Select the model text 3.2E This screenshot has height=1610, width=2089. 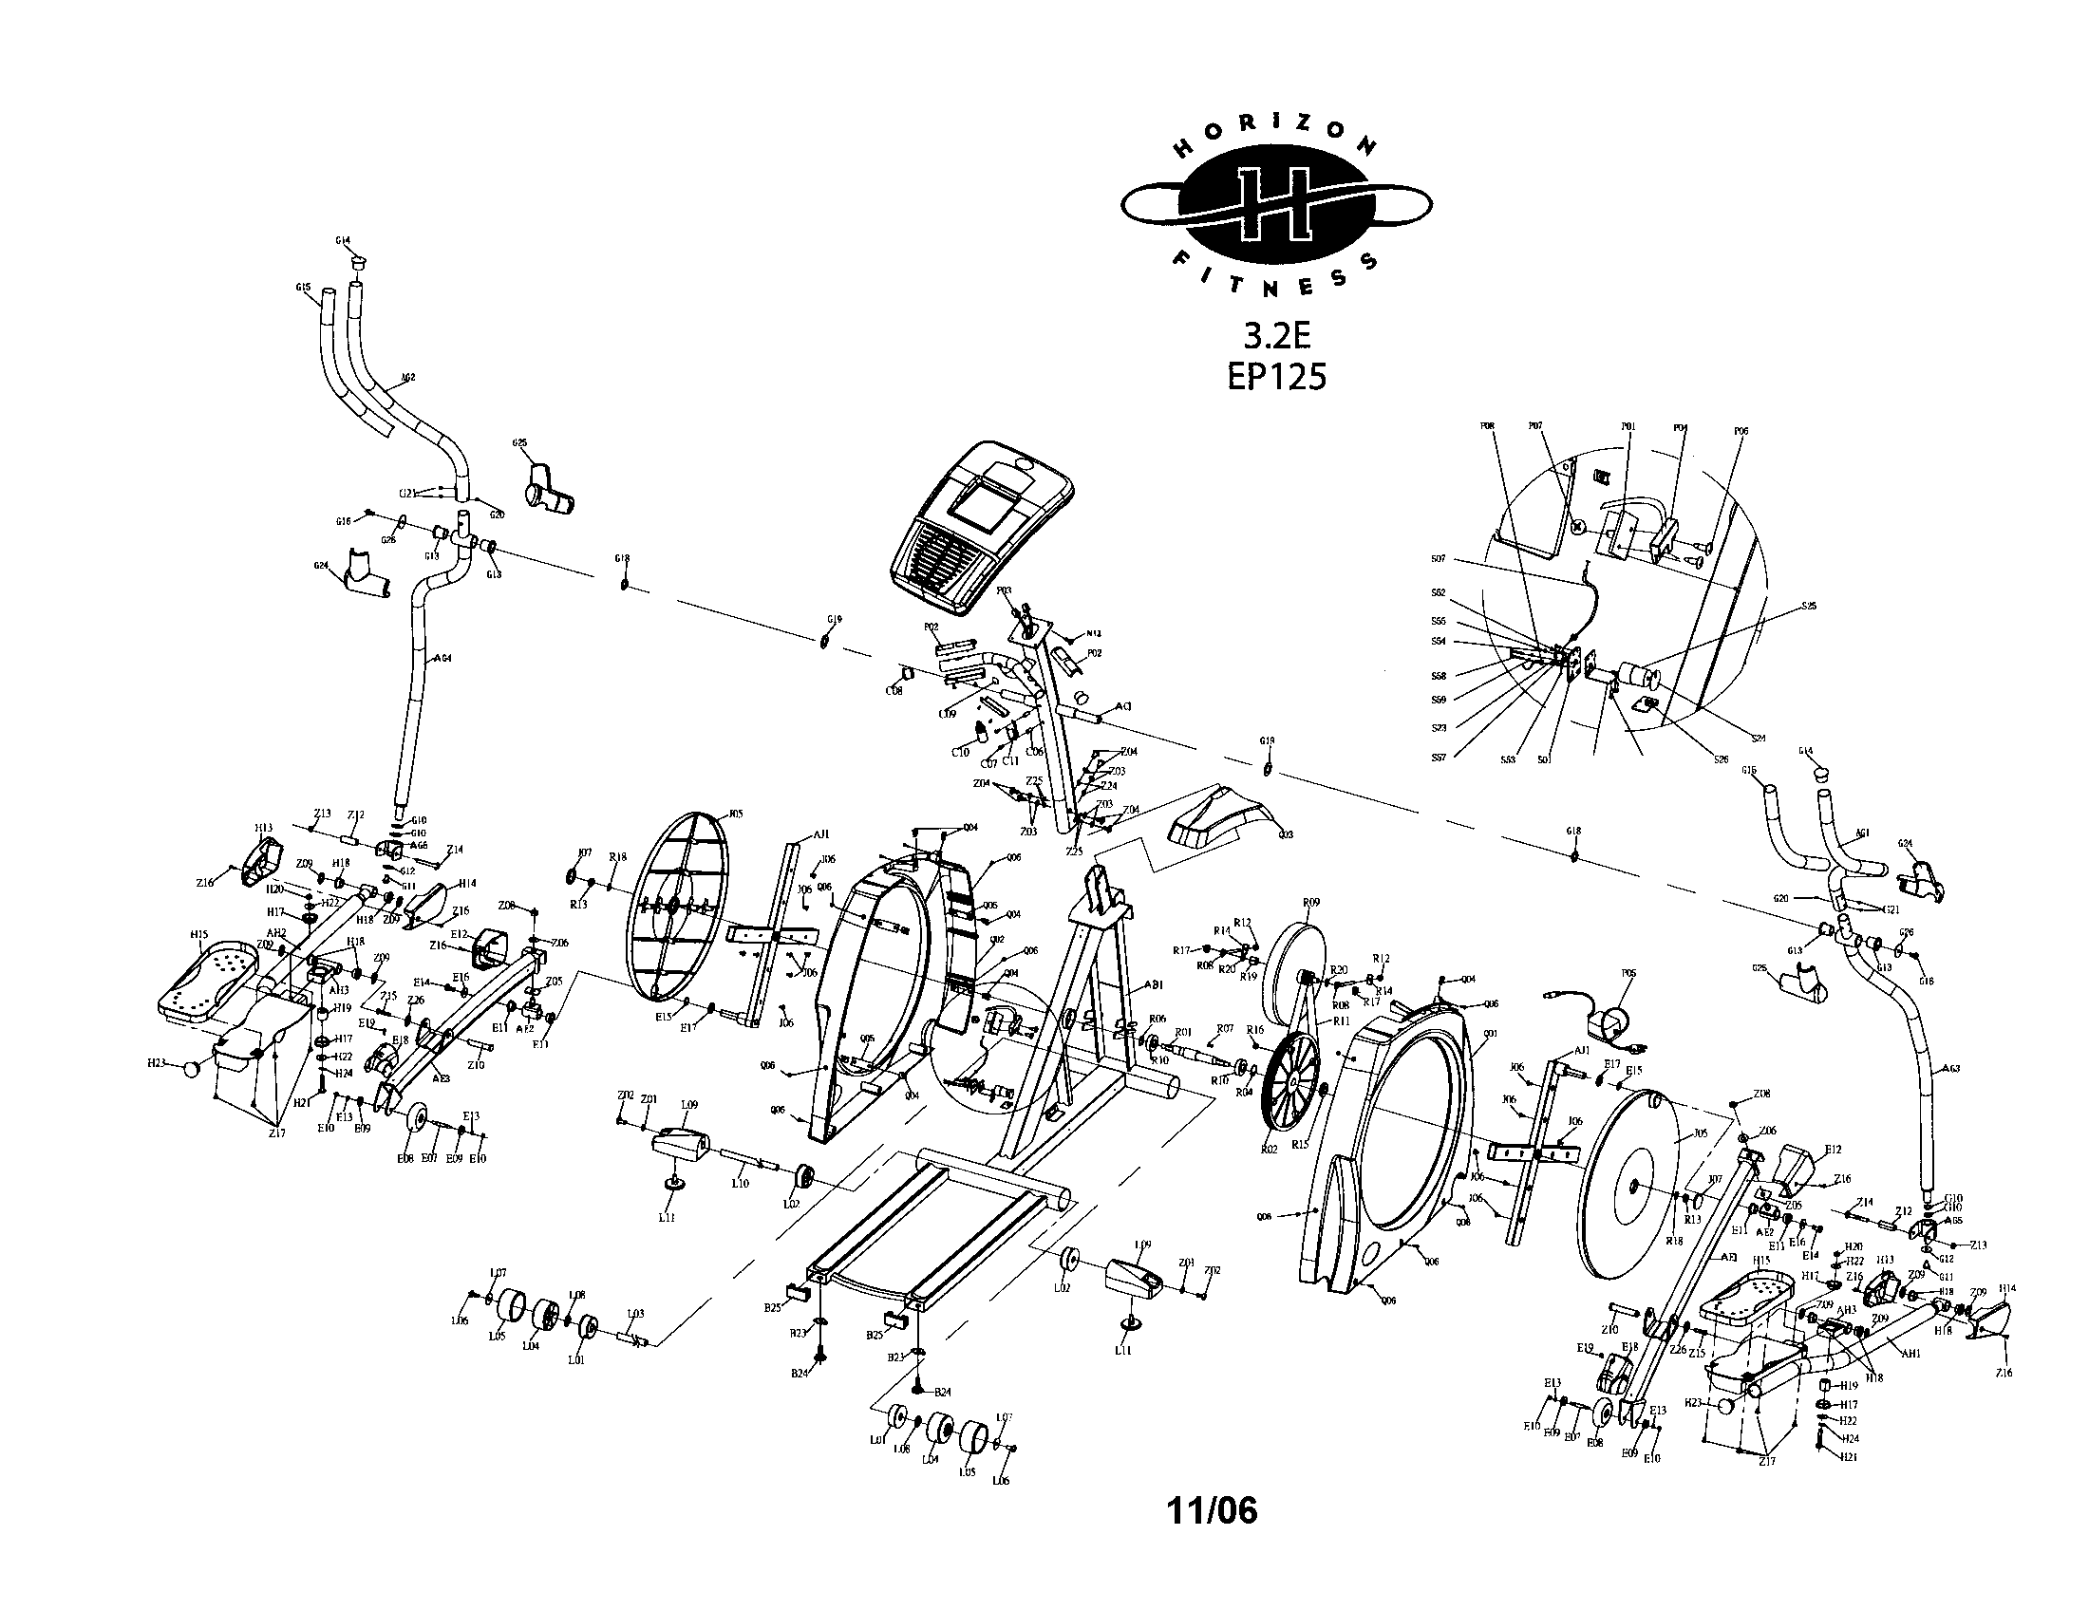[1275, 336]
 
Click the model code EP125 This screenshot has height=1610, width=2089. [1276, 377]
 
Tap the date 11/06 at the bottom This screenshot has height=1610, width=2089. [1212, 1511]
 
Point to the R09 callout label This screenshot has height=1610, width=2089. [1310, 902]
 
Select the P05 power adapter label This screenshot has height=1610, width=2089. [1628, 973]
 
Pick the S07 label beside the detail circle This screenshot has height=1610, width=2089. [1438, 559]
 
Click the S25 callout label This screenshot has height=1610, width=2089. [1809, 607]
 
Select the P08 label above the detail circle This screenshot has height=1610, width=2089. [1487, 426]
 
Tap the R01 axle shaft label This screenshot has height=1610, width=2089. [1183, 1032]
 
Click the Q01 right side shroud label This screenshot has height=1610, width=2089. [1488, 1035]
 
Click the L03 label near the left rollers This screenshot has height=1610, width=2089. [635, 1313]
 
